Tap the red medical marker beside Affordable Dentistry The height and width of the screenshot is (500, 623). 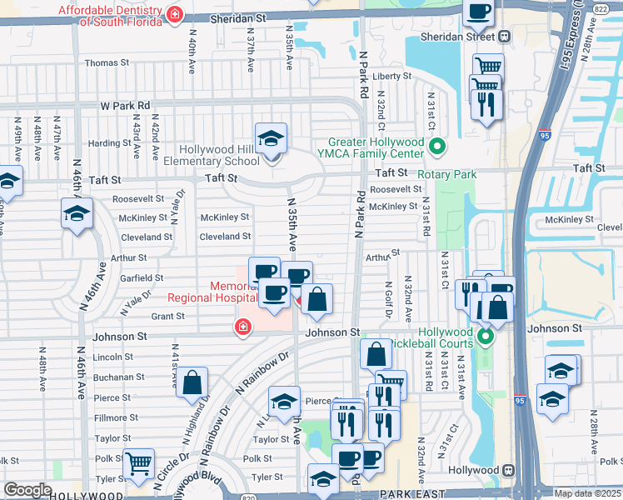click(175, 14)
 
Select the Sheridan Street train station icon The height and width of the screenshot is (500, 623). click(505, 36)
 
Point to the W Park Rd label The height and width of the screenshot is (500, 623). click(125, 106)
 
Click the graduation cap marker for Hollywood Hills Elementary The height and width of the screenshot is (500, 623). click(271, 138)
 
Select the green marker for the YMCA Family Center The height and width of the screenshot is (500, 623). click(436, 147)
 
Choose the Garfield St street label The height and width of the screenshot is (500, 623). click(142, 277)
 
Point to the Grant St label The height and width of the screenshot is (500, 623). click(167, 317)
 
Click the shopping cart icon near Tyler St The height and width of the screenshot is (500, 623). click(138, 464)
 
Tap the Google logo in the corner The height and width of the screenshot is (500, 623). click(27, 490)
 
